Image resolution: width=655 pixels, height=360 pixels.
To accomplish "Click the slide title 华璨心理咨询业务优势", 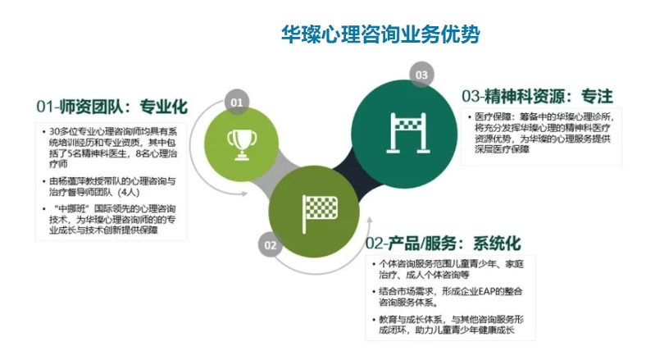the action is click(x=380, y=34).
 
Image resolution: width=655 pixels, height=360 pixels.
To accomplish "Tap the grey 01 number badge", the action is click(x=237, y=102).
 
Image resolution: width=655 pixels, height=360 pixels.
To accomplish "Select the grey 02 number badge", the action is click(x=271, y=245).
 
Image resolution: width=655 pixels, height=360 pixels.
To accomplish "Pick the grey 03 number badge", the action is click(x=421, y=75).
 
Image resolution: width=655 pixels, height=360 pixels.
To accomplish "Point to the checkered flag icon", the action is click(x=320, y=213).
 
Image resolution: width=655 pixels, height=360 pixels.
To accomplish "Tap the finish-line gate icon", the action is click(x=407, y=132).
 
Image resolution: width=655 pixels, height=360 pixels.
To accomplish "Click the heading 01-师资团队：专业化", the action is click(x=112, y=107).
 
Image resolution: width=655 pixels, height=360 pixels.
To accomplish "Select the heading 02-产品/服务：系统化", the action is click(x=443, y=244).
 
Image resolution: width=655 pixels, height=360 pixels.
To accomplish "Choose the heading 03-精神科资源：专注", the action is click(x=537, y=96).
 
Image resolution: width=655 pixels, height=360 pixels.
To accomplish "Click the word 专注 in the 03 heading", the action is click(x=597, y=96).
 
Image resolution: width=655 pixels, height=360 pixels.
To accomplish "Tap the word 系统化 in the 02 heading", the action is click(x=497, y=244).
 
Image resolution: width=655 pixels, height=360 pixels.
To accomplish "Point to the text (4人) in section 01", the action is click(x=128, y=193).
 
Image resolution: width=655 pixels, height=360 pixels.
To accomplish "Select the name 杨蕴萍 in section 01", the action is click(x=73, y=182).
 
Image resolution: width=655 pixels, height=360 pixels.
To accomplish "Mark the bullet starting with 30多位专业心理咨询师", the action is click(x=110, y=148).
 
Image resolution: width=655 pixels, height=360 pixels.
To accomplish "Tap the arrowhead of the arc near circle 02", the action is click(x=369, y=221).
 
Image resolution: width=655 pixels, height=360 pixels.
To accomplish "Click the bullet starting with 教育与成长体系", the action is click(x=448, y=325).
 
